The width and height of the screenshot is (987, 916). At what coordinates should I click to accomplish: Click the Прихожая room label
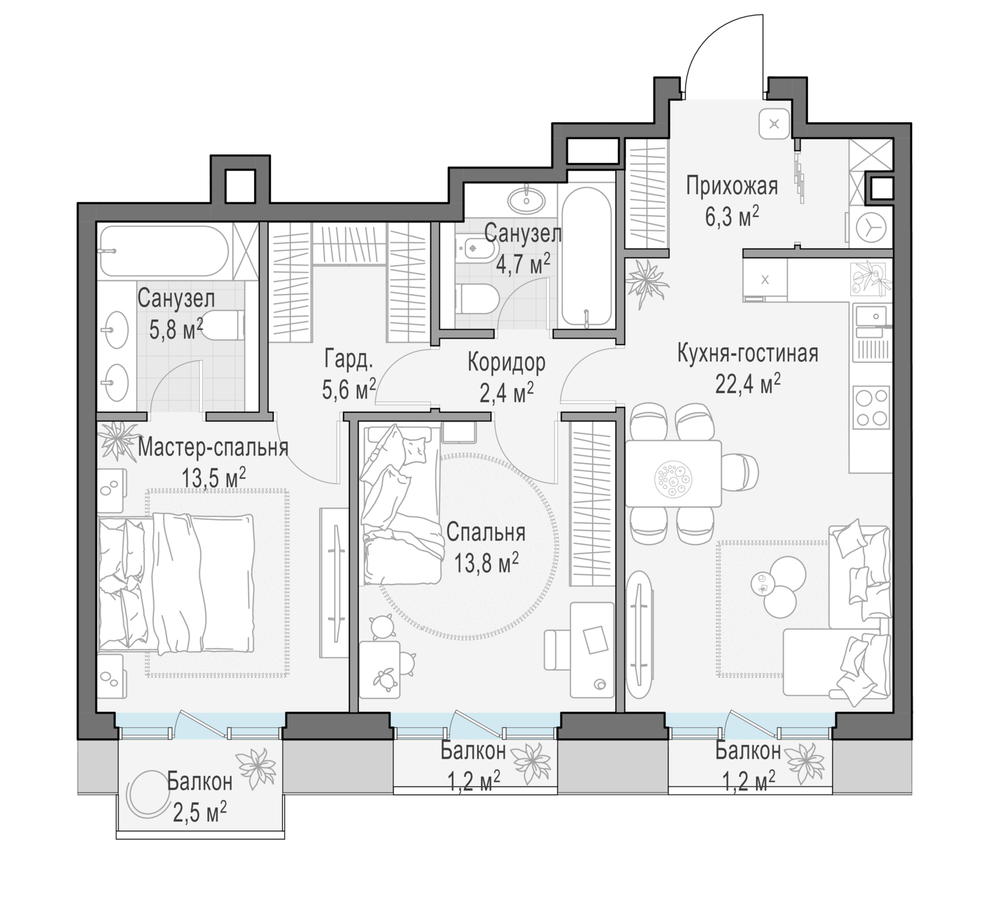[732, 186]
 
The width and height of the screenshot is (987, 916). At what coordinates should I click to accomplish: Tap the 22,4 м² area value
[748, 383]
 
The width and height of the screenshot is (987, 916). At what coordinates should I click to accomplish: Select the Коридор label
[507, 362]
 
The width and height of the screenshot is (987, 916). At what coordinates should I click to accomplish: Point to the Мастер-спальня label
[213, 448]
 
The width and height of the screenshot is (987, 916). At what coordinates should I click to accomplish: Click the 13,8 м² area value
[486, 562]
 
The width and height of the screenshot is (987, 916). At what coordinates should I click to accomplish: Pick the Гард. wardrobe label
[348, 359]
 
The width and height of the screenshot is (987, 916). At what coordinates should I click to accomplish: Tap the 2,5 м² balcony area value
[200, 813]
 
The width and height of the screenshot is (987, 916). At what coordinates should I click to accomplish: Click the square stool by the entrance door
[774, 124]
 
